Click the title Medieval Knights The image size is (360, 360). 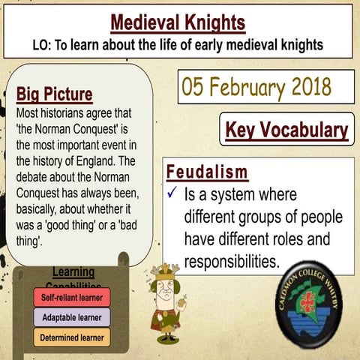click(178, 23)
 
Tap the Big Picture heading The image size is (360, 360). click(55, 94)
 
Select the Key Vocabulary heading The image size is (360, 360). click(286, 130)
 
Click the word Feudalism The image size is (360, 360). click(207, 172)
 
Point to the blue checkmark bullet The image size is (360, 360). click(172, 192)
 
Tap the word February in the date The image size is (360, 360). click(247, 87)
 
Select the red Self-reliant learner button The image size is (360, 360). click(72, 297)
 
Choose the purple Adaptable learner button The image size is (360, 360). click(72, 317)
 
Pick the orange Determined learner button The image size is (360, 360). click(72, 337)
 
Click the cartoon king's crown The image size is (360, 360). click(165, 271)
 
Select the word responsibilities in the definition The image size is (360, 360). click(232, 262)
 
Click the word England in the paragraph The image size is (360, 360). click(95, 161)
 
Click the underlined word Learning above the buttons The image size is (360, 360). click(73, 272)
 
